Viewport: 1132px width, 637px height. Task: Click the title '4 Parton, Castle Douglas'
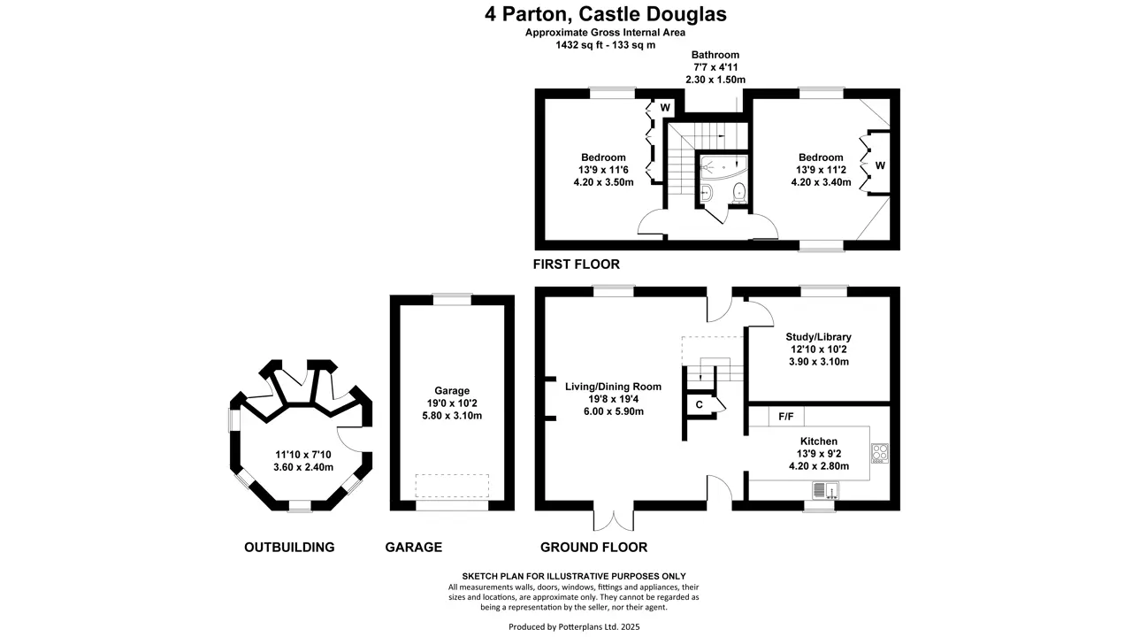(606, 14)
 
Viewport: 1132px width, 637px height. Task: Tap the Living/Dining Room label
(613, 387)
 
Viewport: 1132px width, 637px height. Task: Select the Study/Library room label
(818, 337)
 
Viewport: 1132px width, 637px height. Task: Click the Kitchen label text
(818, 441)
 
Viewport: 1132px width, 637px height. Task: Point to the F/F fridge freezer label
(785, 416)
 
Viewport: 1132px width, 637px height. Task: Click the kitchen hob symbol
(879, 454)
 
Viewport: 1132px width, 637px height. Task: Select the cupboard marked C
(699, 404)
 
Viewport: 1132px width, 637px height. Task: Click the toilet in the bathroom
(739, 192)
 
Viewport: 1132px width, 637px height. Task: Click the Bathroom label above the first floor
(715, 55)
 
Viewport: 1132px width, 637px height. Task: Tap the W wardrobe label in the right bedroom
(880, 165)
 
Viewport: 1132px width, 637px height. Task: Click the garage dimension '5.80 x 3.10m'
(451, 416)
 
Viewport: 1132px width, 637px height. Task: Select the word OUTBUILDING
(289, 548)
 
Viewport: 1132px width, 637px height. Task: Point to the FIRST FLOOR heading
(576, 265)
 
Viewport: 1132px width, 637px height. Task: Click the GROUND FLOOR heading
(593, 548)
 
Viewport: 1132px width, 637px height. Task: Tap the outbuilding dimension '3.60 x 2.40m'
(302, 467)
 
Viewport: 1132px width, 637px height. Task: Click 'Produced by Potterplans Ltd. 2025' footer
(574, 627)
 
